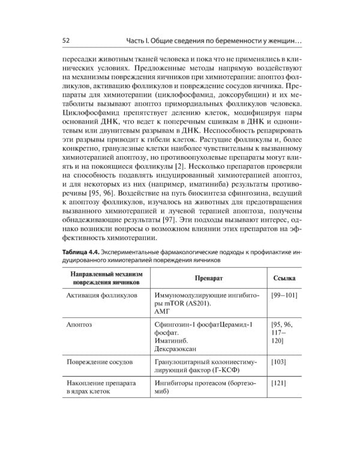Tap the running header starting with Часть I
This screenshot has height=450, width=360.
(214, 40)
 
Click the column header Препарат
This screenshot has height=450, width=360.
(209, 279)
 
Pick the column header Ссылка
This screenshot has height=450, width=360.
(283, 279)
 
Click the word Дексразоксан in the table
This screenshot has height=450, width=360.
(179, 349)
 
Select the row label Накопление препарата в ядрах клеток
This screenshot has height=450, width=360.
(101, 386)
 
